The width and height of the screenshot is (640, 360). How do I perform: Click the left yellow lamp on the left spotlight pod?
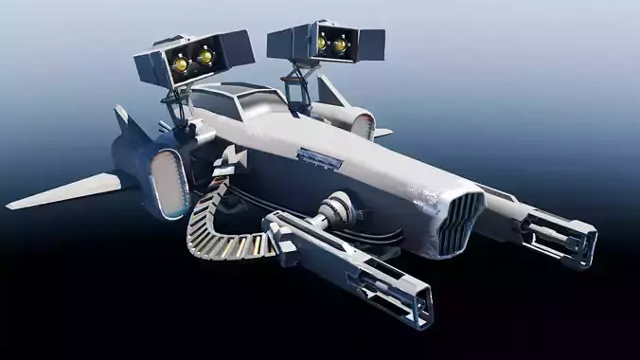coord(180,64)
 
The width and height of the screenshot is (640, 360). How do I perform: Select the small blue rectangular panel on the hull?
coord(319,157)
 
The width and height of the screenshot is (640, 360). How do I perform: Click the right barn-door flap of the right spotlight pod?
coord(371,42)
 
